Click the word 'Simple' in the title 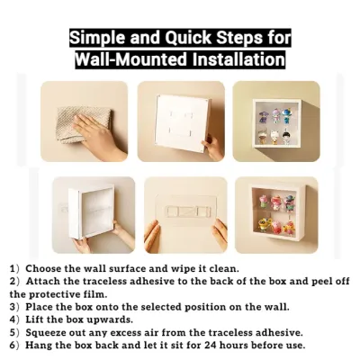tap(96, 39)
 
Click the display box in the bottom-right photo tap(277, 216)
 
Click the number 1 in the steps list tap(13, 268)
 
